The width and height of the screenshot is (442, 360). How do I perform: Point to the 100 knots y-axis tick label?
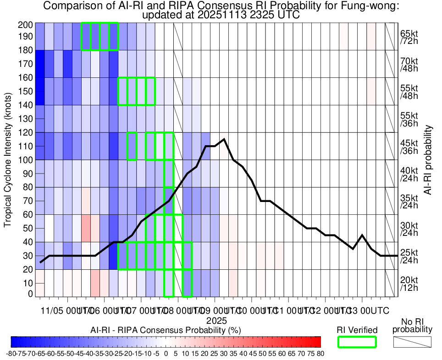pyautogui.click(x=26, y=160)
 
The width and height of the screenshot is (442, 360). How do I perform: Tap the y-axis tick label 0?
pyautogui.click(x=30, y=294)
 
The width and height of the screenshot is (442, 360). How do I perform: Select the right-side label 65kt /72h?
pyautogui.click(x=409, y=37)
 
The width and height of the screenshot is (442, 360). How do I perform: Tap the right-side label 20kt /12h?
pyautogui.click(x=409, y=284)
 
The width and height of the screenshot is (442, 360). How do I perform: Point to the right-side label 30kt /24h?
pyautogui.click(x=409, y=229)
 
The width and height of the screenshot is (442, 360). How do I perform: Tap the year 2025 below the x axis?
pyautogui.click(x=214, y=320)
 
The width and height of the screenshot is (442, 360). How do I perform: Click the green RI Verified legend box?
pyautogui.click(x=357, y=342)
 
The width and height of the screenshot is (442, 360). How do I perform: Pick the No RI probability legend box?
pyautogui.click(x=412, y=342)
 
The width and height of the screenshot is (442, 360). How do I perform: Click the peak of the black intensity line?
pyautogui.click(x=224, y=139)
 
